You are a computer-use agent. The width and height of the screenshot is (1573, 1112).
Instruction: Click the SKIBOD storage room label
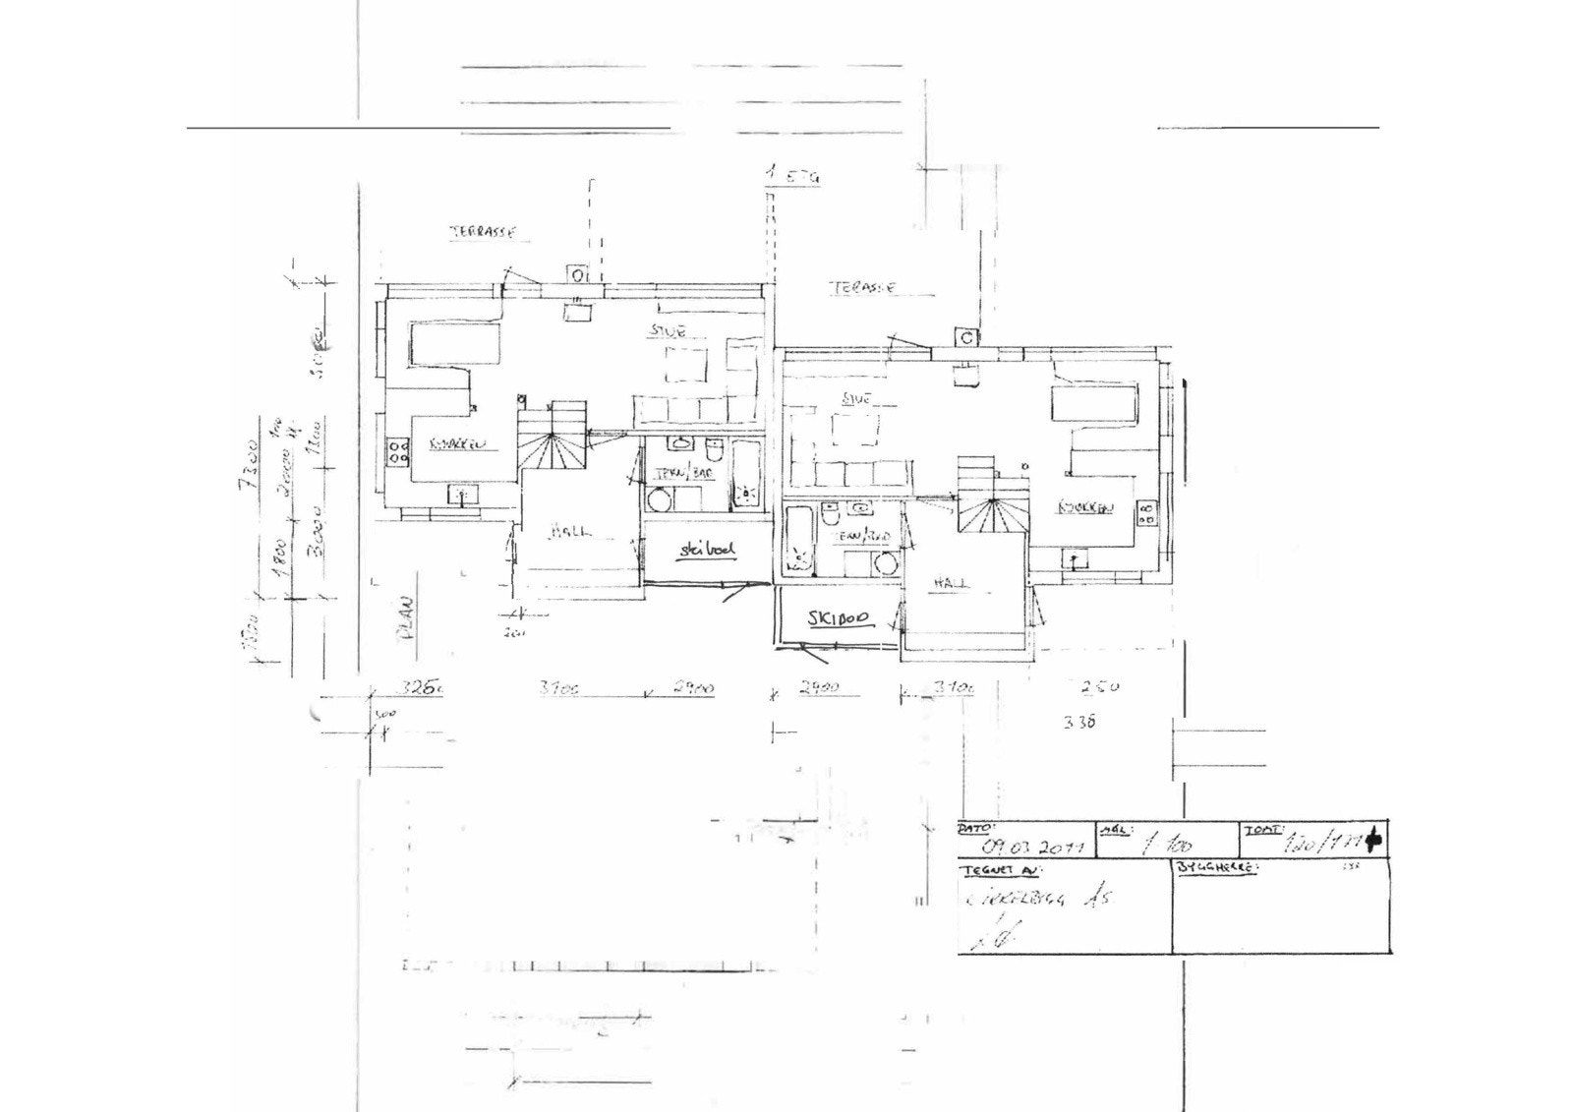click(839, 618)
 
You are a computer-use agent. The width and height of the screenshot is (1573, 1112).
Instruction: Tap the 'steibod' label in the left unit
click(706, 552)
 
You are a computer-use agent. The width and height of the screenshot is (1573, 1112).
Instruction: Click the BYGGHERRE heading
click(1216, 869)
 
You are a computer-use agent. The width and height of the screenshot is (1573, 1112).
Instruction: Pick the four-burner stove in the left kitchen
click(398, 451)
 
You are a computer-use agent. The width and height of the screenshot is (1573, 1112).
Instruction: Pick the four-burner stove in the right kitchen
click(1146, 513)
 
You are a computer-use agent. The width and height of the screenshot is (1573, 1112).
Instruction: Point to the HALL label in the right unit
click(951, 583)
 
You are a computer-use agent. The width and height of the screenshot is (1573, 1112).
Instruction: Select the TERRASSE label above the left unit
click(483, 233)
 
